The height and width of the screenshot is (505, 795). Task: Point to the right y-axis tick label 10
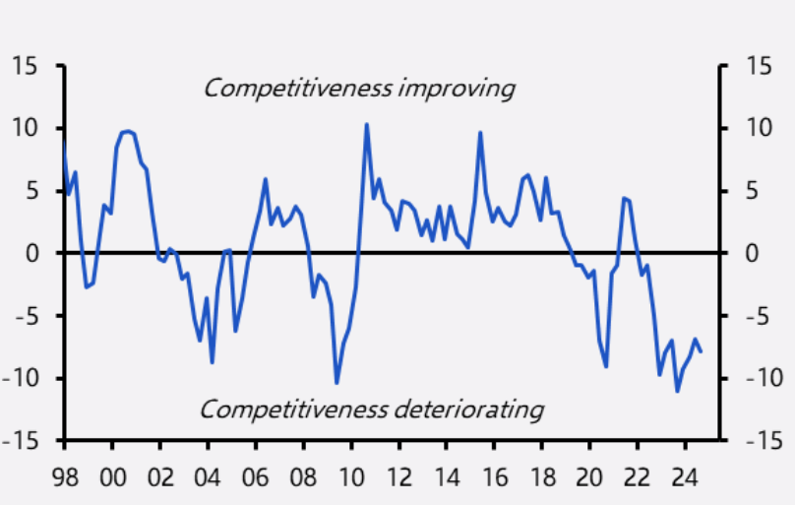(755, 129)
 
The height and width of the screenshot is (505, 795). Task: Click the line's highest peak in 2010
(366, 124)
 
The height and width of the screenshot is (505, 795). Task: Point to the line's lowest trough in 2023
(677, 391)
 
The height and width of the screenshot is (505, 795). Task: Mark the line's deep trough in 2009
(336, 383)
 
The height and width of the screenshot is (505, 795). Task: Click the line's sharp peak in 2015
(480, 133)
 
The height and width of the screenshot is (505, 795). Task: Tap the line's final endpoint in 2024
(701, 350)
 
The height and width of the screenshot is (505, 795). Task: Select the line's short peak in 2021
(624, 198)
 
